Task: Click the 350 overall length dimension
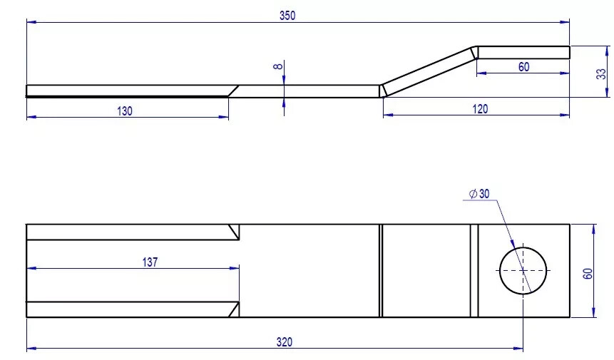pos(287,15)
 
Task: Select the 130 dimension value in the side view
pos(125,110)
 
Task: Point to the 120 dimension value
pos(480,109)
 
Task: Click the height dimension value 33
pos(600,73)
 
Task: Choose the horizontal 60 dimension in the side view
pos(523,66)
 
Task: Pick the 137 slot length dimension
pos(150,262)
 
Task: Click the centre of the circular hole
pos(523,270)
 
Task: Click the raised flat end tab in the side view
pos(523,52)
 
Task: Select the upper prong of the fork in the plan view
pos(128,232)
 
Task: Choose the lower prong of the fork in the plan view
pos(128,309)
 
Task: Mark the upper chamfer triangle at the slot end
pos(234,232)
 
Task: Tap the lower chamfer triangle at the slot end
pos(234,309)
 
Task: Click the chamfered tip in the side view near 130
pos(233,91)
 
